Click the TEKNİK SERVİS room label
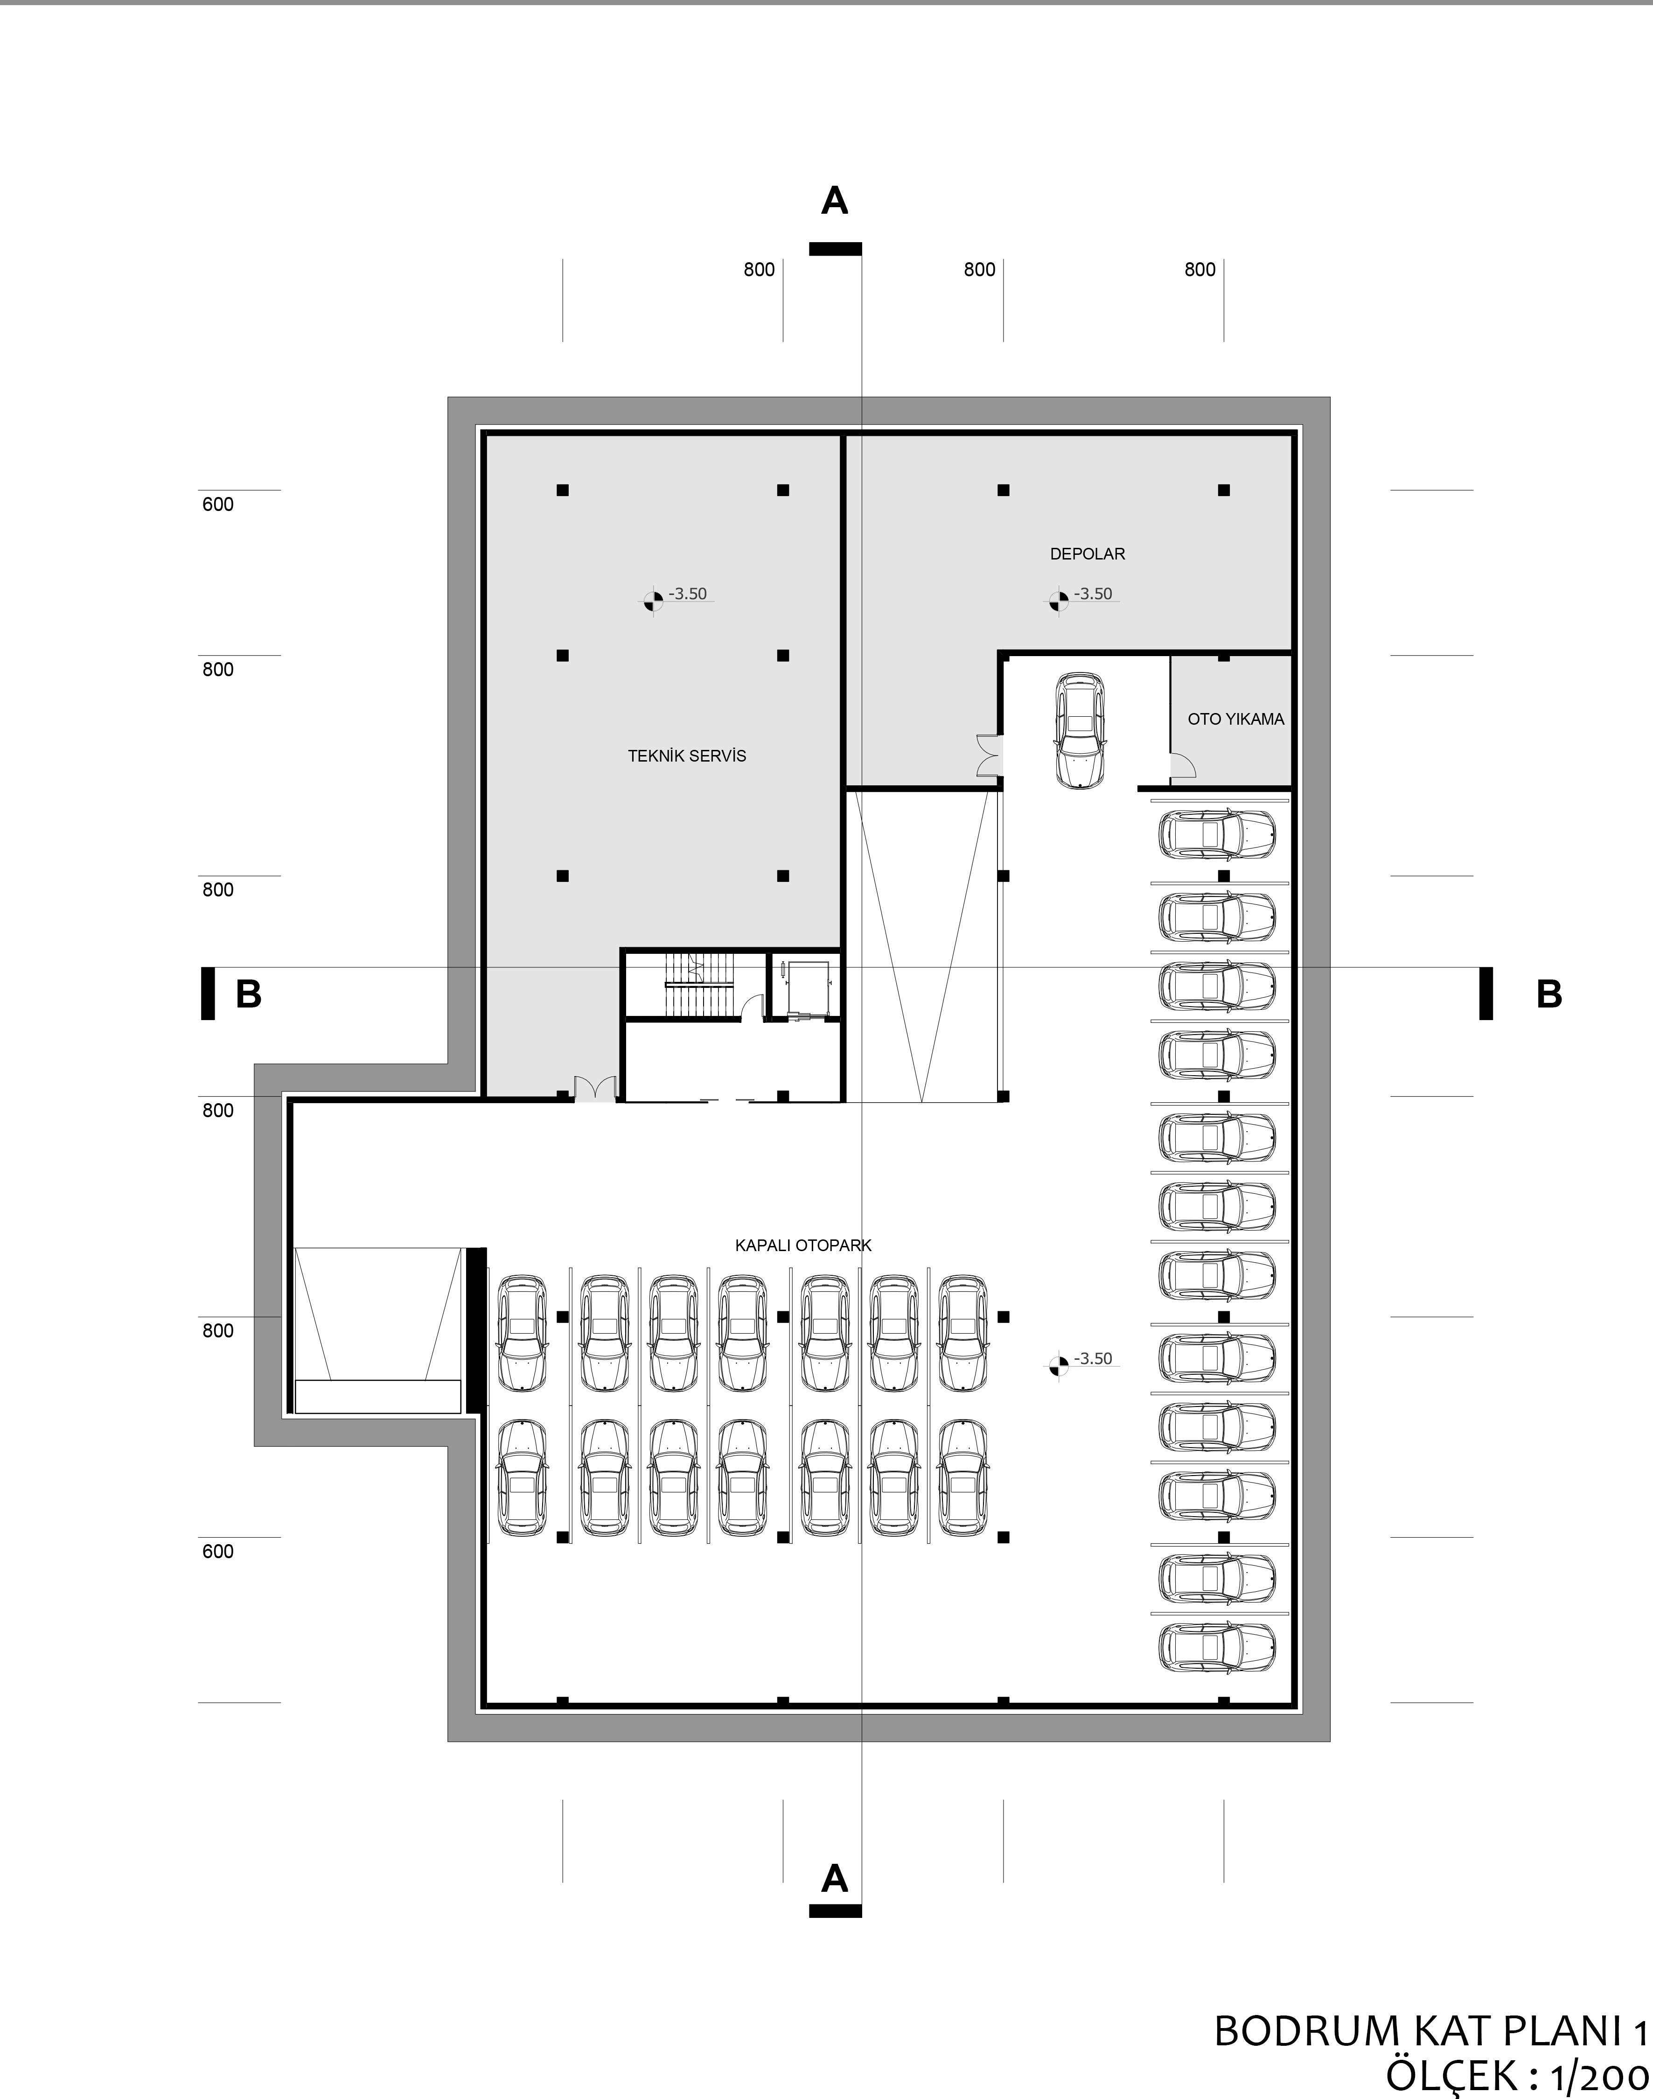tap(687, 756)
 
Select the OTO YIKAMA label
tap(1236, 719)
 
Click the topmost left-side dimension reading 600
tap(218, 504)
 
